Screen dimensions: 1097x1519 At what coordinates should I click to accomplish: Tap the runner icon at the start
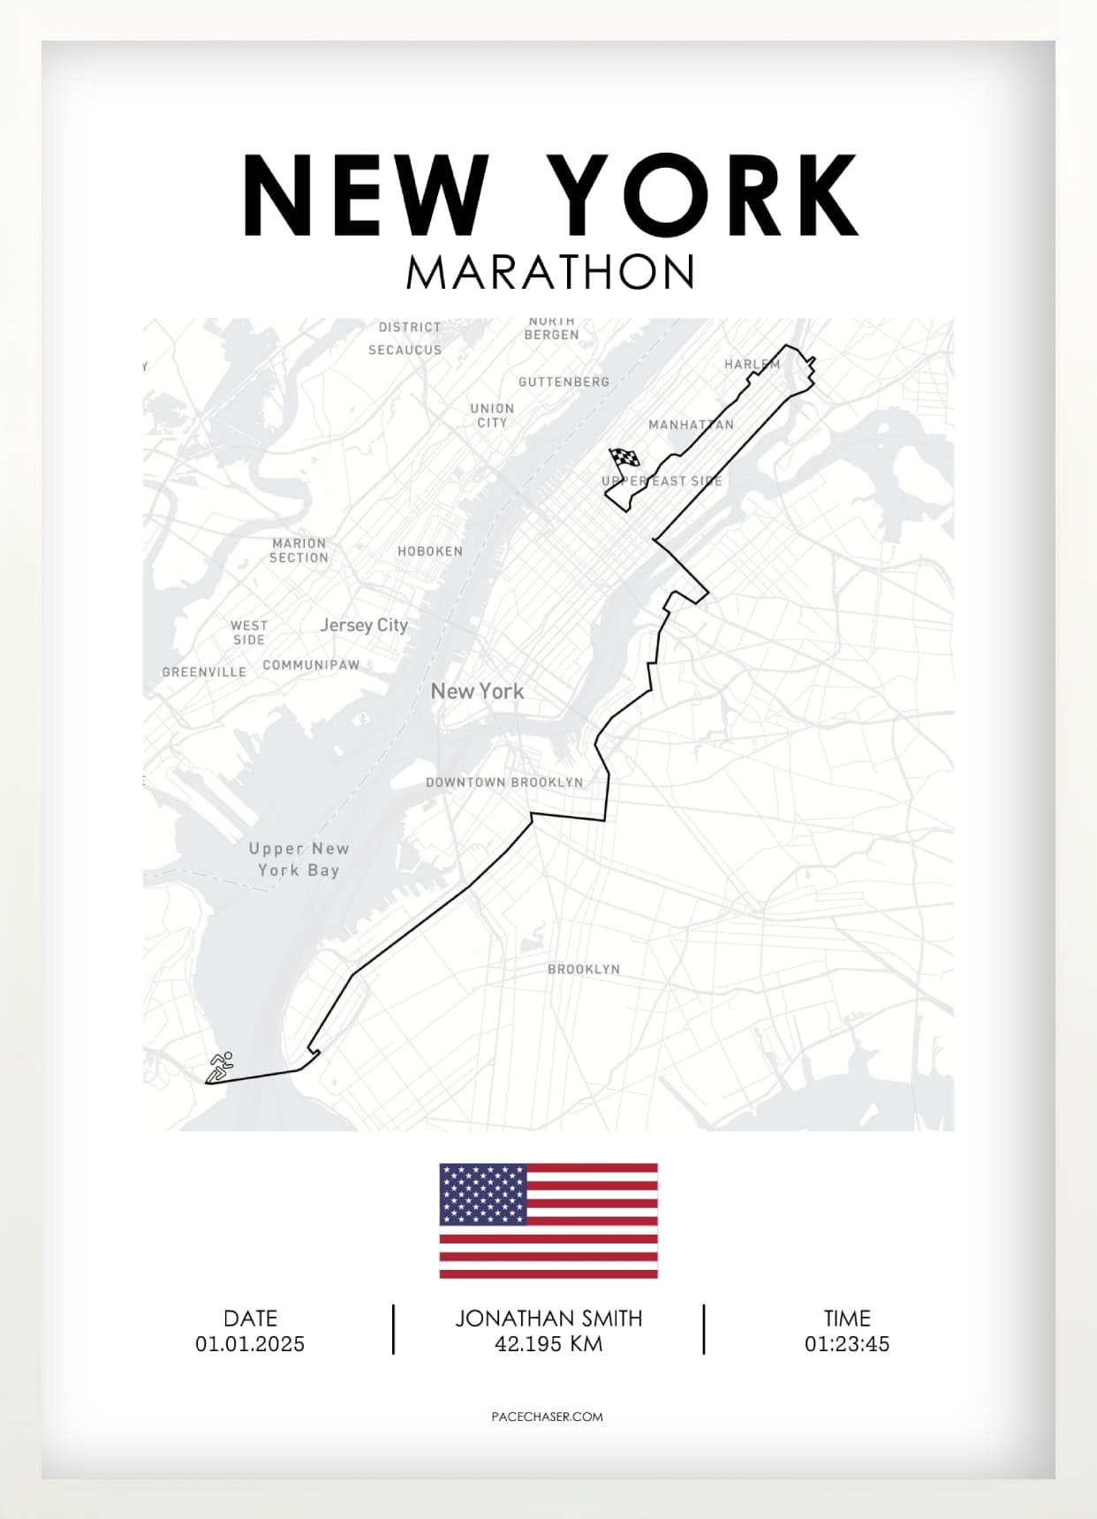point(221,1066)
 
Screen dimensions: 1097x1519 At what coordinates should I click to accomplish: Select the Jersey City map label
point(364,625)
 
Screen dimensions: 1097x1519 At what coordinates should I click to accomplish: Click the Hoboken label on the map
point(430,551)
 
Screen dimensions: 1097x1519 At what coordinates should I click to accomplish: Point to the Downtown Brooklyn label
point(504,782)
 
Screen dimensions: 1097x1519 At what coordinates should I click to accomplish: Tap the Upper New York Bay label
point(299,859)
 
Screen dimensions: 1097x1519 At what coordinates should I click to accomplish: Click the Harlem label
point(752,364)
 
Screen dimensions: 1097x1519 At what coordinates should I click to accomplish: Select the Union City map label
point(492,415)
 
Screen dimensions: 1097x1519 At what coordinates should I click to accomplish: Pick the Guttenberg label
point(564,382)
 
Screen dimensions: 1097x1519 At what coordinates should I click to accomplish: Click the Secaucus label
point(405,350)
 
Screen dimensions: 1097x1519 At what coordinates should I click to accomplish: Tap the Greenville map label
point(204,672)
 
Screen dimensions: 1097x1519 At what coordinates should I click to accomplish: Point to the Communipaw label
point(311,665)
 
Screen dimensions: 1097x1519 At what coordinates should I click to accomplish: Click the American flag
point(548,1220)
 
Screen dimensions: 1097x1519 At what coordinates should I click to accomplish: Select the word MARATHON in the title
point(550,272)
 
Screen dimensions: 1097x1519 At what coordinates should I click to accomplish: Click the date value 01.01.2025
point(250,1344)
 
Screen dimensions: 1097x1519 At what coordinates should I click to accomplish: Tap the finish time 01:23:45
point(846,1344)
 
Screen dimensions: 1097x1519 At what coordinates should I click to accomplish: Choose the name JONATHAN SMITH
point(548,1319)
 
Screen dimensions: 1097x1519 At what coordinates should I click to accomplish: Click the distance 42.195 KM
point(548,1344)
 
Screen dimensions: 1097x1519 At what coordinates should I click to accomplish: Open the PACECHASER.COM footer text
point(547,1417)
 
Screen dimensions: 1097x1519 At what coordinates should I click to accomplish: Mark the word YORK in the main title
point(702,195)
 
